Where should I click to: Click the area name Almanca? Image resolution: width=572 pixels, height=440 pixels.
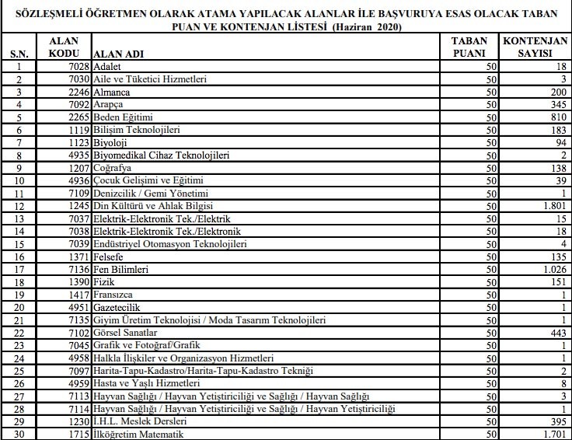(113, 92)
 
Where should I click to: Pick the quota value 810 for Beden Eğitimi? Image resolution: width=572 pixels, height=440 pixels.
(554, 117)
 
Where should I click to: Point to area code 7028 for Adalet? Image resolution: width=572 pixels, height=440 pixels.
(76, 67)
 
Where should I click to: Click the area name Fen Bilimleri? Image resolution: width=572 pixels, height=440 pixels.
(124, 269)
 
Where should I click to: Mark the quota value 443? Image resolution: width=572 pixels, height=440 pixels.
(554, 333)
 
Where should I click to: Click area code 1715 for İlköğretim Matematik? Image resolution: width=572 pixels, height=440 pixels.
(76, 434)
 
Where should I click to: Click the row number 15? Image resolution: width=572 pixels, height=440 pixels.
(16, 243)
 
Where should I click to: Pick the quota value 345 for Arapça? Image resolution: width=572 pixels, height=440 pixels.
(554, 104)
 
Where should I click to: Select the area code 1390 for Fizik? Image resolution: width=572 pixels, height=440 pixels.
(76, 281)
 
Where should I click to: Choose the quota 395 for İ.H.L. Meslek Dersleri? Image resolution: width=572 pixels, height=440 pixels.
(554, 421)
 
